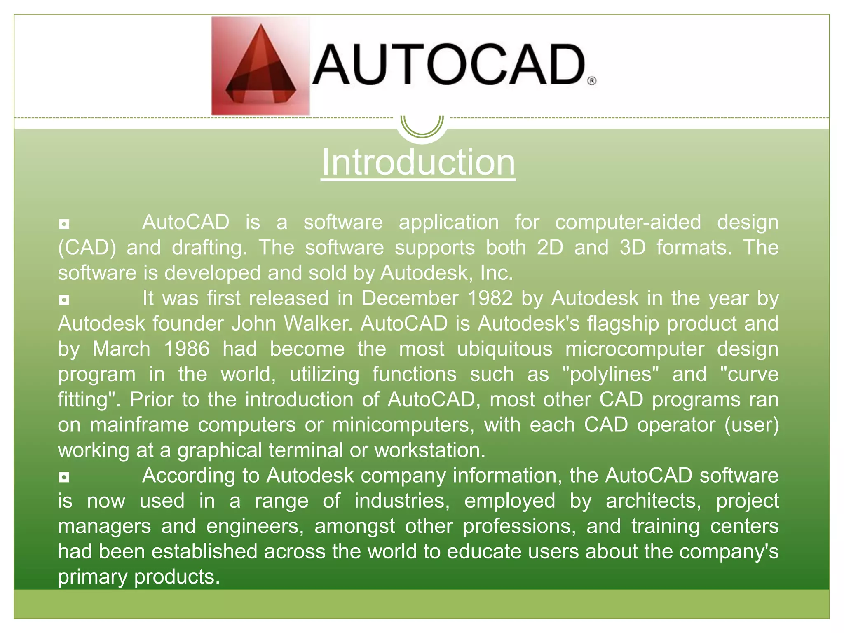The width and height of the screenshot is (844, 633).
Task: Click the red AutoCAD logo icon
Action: point(260,66)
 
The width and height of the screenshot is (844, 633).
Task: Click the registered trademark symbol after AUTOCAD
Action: point(591,81)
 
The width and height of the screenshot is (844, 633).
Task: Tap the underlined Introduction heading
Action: point(418,162)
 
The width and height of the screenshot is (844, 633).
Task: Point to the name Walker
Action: point(318,324)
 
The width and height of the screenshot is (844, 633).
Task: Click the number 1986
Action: point(187,349)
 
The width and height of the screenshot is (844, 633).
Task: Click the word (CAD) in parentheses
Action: point(87,248)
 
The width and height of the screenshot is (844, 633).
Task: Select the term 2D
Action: point(550,248)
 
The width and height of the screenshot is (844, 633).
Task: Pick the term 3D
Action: point(632,248)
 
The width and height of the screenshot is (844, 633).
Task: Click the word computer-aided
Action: point(628,223)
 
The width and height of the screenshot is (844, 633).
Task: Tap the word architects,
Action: point(654,501)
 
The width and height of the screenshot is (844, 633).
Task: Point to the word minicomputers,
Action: point(403,425)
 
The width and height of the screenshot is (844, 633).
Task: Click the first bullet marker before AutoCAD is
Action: point(64,224)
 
